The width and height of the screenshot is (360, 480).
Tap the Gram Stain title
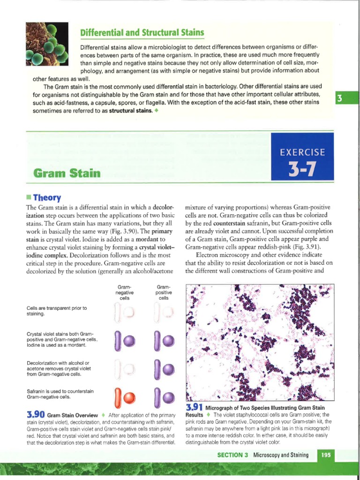(x=67, y=173)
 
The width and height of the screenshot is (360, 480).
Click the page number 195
(x=326, y=455)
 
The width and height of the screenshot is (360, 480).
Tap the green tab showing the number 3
(x=338, y=98)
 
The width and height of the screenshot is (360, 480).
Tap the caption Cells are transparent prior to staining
(x=57, y=311)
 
